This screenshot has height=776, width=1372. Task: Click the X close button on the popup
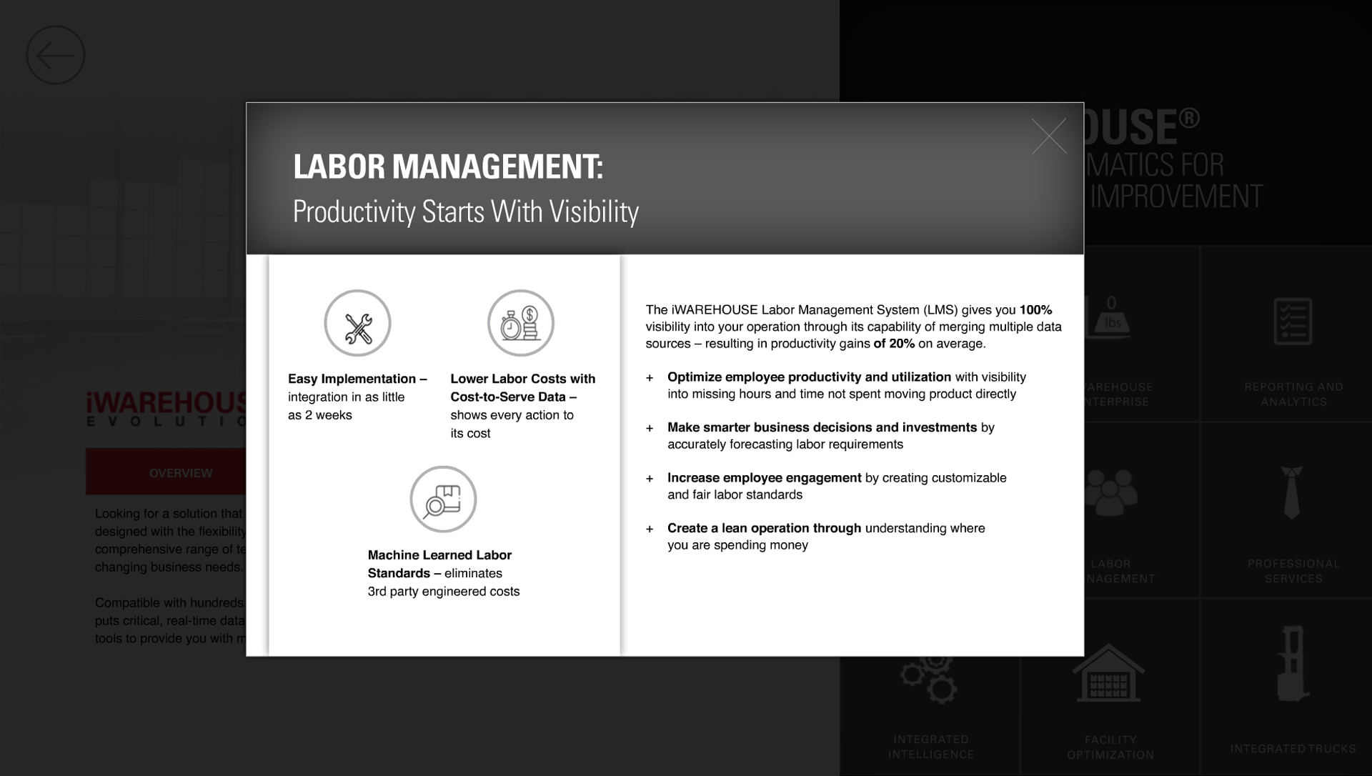coord(1048,136)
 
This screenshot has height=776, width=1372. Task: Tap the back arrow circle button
coord(56,55)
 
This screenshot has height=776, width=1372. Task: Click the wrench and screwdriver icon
coord(357,324)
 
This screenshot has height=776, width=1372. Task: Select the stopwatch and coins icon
coord(520,324)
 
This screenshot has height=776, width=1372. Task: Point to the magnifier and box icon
coord(443,499)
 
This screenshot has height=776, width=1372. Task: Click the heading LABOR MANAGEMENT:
coord(448,166)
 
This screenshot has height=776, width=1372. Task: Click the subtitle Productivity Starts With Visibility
coord(465,212)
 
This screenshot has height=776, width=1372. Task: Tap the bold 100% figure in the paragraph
coord(1035,310)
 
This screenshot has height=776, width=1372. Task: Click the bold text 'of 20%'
coord(894,344)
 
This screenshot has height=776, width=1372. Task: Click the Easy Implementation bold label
coord(357,379)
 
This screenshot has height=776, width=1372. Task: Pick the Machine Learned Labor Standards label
coord(439,564)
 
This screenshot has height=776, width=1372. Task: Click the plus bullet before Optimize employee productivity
coord(650,378)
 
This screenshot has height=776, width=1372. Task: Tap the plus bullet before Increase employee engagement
coord(650,479)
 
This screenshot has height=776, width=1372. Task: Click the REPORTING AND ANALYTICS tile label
coord(1293,394)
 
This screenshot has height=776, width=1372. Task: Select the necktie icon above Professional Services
coord(1291,492)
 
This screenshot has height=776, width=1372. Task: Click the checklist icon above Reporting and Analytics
coord(1292,322)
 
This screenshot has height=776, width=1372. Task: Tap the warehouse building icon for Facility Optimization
coord(1108,675)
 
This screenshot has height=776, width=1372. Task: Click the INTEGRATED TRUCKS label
coord(1293,749)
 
